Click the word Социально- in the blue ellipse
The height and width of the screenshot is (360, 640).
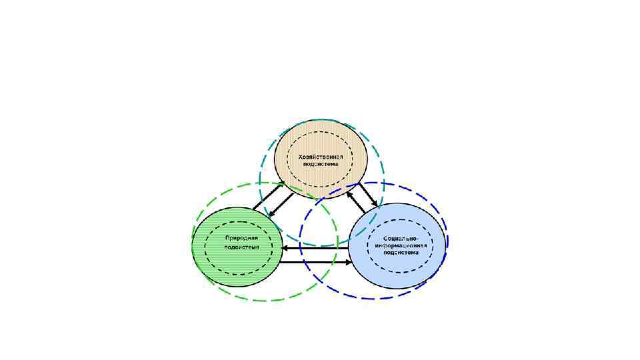click(400, 238)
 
